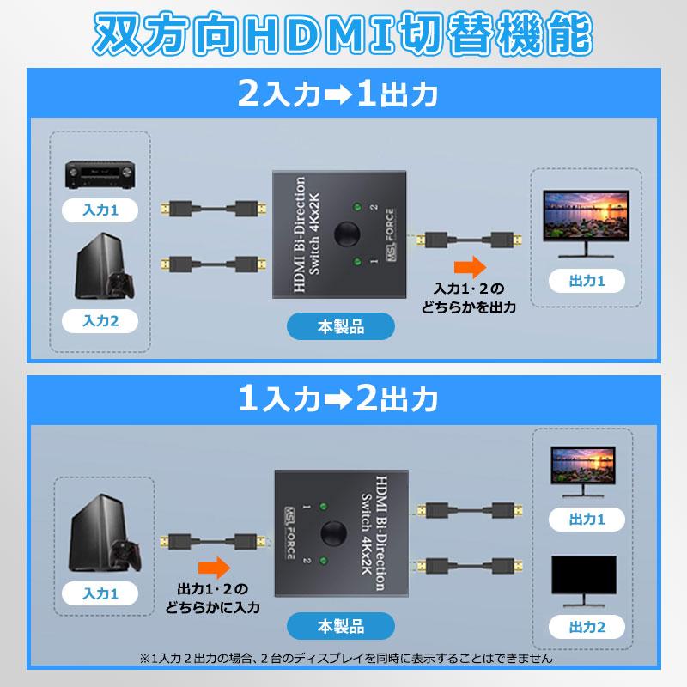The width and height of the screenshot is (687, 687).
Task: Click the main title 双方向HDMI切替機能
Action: tap(343, 37)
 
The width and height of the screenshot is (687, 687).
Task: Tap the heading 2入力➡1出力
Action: tap(343, 93)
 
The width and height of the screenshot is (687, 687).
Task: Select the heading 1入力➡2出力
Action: tap(343, 399)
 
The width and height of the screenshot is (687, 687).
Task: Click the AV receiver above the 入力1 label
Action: tap(100, 177)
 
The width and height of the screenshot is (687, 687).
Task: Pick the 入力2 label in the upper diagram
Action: tap(100, 321)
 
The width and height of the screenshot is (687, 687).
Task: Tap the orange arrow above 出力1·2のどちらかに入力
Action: tap(215, 567)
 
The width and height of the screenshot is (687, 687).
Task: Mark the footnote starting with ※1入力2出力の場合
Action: tap(343, 660)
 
